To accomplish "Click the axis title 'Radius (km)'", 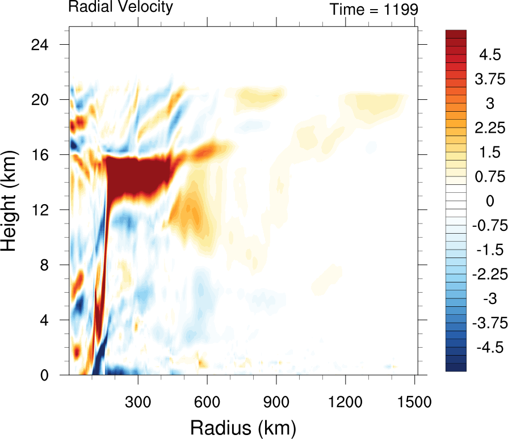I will pyautogui.click(x=243, y=425).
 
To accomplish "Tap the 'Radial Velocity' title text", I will pyautogui.click(x=120, y=7).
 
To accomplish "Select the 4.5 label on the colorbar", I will pyautogui.click(x=489, y=55).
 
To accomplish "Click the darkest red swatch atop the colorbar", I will pyautogui.click(x=456, y=33).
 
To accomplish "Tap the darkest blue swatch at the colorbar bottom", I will pyautogui.click(x=456, y=367).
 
